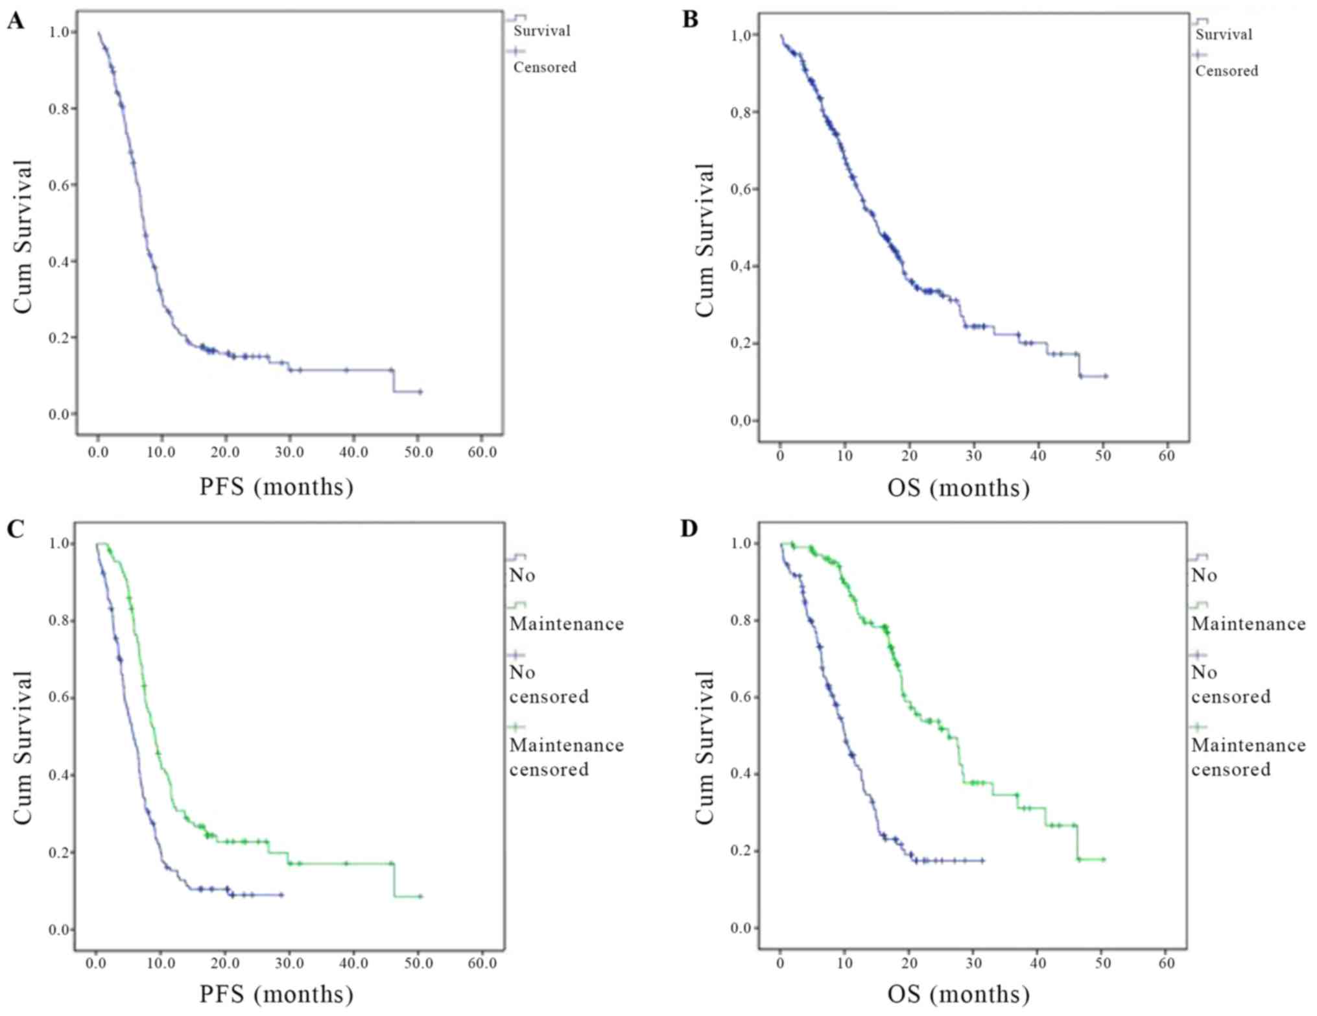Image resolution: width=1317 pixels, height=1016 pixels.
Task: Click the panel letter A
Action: coord(15,21)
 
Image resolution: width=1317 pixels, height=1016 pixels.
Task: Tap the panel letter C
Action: coord(15,529)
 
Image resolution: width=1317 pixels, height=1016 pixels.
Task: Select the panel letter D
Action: coord(689,529)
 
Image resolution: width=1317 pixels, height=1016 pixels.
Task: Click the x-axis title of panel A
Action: coord(276,487)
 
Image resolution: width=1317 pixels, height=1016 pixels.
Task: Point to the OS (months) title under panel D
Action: coord(958,994)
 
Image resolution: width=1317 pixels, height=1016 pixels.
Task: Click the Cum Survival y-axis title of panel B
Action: coord(704,240)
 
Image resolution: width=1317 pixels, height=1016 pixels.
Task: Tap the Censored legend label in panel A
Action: coord(544,67)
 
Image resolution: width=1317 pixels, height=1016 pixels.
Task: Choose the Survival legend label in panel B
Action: coord(1224,34)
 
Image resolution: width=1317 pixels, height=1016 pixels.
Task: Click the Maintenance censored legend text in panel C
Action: coord(566,757)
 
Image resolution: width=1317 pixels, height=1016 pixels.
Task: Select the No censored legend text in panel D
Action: coord(1230,684)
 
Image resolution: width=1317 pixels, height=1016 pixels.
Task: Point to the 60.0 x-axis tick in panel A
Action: coord(482,452)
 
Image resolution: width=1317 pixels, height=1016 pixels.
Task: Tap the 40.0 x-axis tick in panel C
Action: coord(354,963)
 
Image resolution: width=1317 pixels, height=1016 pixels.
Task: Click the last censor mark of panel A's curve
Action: coord(420,392)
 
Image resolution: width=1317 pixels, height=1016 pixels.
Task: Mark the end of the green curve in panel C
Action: coord(420,897)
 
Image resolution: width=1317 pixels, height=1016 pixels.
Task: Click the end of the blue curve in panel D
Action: coord(983,861)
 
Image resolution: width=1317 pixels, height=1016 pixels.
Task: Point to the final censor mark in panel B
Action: coord(1106,376)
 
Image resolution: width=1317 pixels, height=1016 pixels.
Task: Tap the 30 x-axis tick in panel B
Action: coord(973,456)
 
